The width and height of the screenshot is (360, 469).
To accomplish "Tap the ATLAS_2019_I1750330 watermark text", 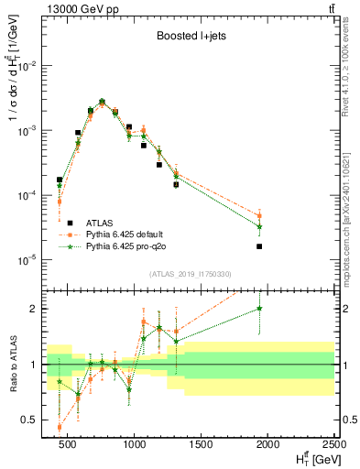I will (189, 272).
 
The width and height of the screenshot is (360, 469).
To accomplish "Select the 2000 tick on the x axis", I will (268, 444).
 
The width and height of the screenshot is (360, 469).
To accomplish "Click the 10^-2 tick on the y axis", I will (34, 66).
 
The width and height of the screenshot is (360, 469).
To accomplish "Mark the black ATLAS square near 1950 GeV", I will (260, 246).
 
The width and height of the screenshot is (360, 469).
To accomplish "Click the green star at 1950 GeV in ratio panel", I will (260, 309).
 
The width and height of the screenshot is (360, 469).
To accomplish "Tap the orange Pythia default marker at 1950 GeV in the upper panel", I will (260, 216).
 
